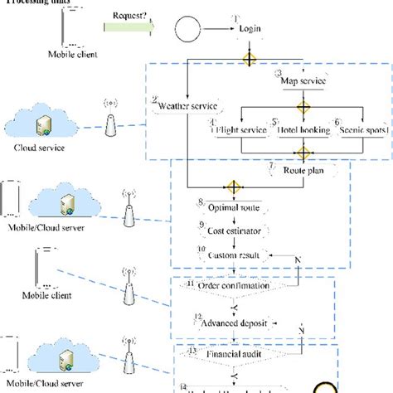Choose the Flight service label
pyautogui.click(x=241, y=129)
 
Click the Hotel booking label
pyautogui.click(x=303, y=129)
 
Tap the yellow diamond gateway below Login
pyautogui.click(x=247, y=58)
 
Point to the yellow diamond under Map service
pyautogui.click(x=303, y=107)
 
